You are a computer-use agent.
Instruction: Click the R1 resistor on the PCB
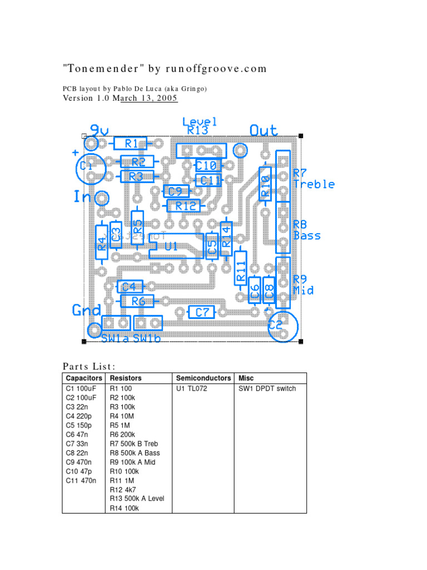(x=130, y=144)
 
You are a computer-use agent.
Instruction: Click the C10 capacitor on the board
(x=207, y=165)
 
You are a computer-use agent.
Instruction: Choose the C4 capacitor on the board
(x=130, y=287)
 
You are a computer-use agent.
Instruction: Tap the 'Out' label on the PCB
(x=263, y=130)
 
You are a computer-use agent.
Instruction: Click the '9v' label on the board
(x=99, y=130)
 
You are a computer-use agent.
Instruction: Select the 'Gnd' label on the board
(x=87, y=310)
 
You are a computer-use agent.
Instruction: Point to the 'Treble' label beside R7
(x=314, y=184)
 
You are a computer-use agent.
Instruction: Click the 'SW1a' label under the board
(x=115, y=338)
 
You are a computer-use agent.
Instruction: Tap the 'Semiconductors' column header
(x=203, y=378)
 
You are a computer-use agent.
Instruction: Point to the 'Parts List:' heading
(x=89, y=366)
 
